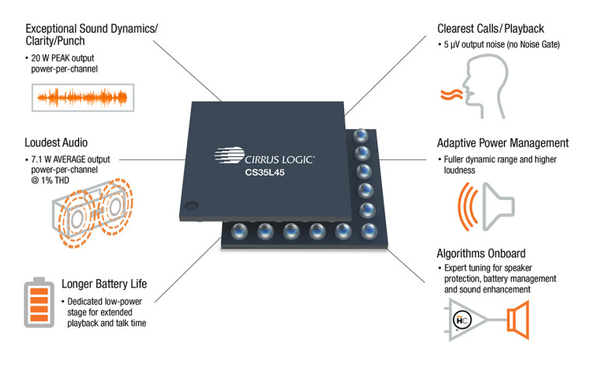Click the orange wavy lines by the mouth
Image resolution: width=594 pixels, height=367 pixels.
(x=450, y=96)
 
